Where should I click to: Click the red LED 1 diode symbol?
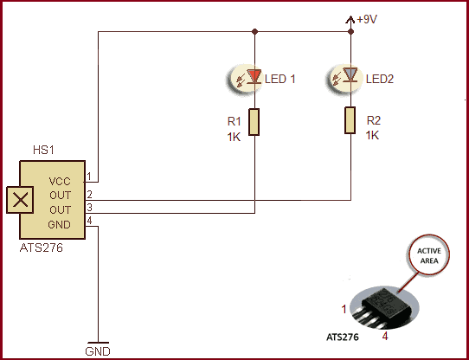tap(254, 76)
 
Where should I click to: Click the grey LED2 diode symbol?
tap(350, 74)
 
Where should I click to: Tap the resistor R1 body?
tap(254, 122)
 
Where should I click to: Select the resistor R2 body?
tap(350, 120)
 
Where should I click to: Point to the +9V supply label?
tap(367, 19)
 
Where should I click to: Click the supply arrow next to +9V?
tap(350, 21)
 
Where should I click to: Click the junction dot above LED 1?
tap(254, 31)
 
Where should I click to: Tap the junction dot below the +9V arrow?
tap(350, 31)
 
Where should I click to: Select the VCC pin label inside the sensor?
tap(60, 182)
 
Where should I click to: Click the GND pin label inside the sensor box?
tap(59, 224)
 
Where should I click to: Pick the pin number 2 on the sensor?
tap(89, 195)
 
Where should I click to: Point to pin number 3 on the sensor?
tap(89, 208)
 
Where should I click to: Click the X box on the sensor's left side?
tap(20, 200)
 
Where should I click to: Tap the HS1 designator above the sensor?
tap(43, 150)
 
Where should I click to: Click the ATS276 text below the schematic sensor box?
tap(42, 247)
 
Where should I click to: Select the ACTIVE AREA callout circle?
tap(429, 255)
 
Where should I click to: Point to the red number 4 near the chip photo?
tap(385, 336)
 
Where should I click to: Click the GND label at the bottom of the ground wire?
tap(98, 351)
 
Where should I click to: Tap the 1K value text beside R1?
tap(234, 137)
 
